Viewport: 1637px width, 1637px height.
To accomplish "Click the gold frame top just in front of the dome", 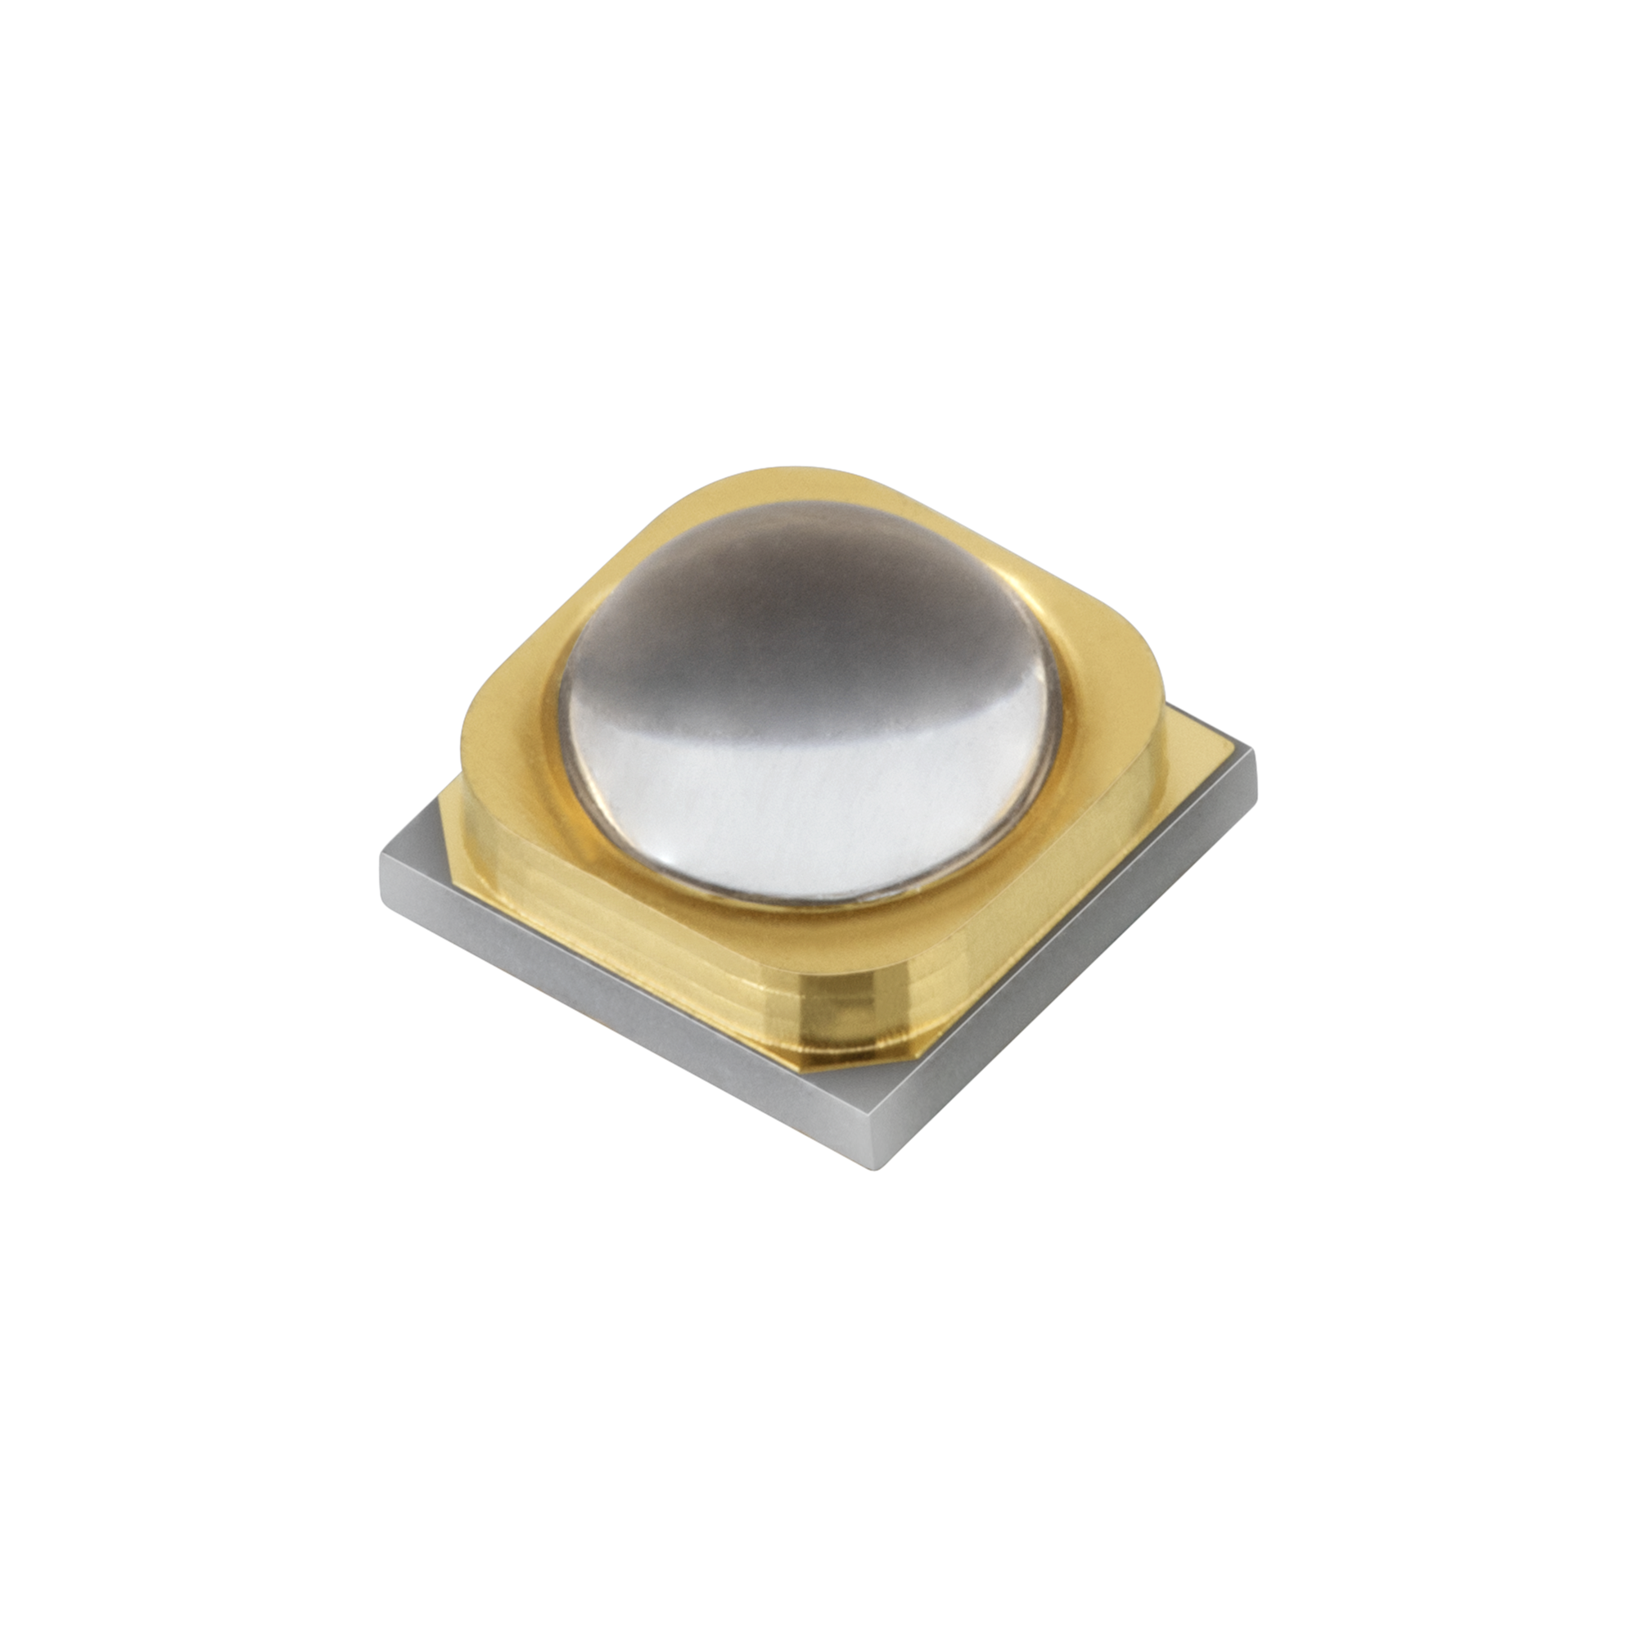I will pyautogui.click(x=814, y=923).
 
